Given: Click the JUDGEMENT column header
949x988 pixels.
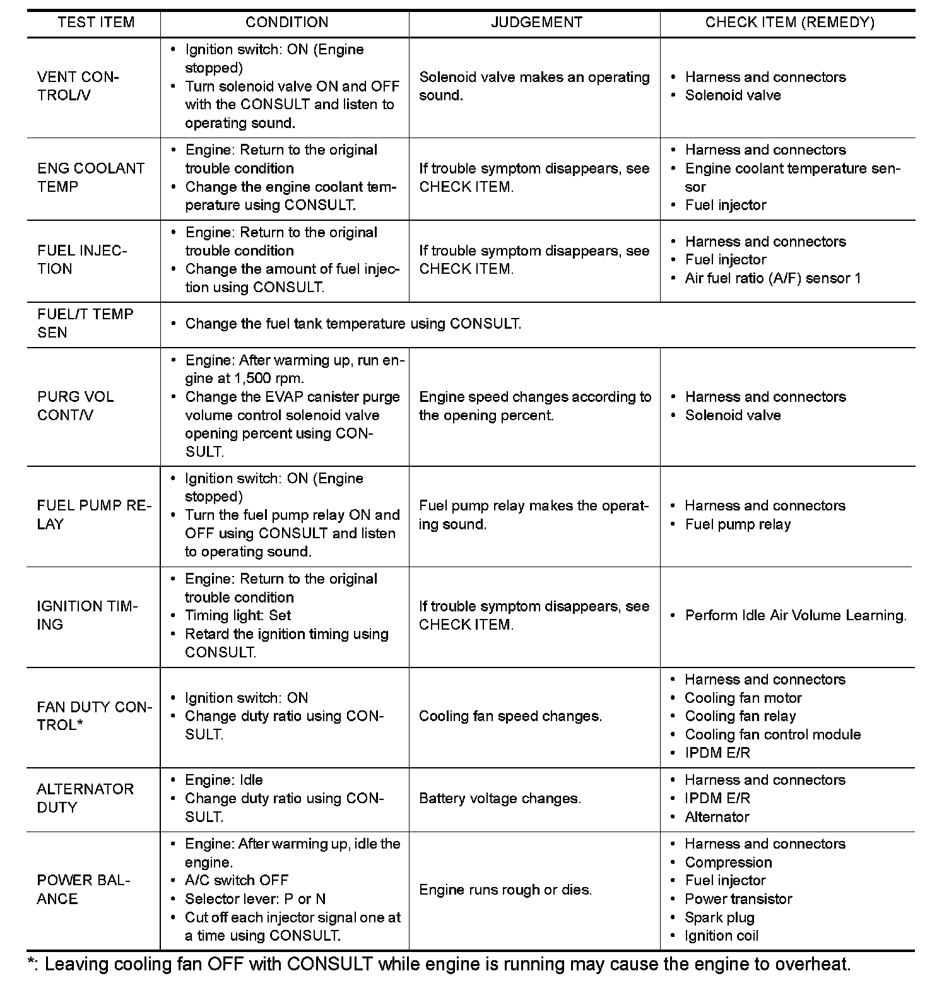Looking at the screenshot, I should point(536,23).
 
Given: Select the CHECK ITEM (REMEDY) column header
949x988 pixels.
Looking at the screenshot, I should point(789,23).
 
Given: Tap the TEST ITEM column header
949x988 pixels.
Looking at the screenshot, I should point(96,23).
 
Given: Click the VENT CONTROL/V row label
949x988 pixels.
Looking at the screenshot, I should point(78,86).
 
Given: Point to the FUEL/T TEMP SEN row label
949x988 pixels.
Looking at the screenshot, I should point(85,323).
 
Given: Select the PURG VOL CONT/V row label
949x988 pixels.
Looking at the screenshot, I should point(76,406).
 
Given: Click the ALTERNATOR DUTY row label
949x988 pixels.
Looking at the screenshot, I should point(85,798).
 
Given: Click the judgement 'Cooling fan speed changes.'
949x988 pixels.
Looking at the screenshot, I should point(510,716).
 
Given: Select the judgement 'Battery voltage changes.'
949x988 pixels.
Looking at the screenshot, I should point(500,798).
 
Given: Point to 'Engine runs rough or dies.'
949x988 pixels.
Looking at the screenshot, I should point(505,890).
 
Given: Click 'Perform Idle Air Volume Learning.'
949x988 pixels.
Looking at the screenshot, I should point(796,616).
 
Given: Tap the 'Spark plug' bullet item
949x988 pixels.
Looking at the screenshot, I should point(719,917).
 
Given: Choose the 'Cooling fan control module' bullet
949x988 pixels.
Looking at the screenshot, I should point(772,734).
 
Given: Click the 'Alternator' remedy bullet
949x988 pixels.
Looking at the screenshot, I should point(717,817).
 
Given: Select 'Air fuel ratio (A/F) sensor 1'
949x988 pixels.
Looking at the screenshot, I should point(772,278).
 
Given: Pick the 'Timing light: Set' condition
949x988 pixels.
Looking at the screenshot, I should point(238,616).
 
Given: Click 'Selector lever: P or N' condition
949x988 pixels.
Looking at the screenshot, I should point(255,898).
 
